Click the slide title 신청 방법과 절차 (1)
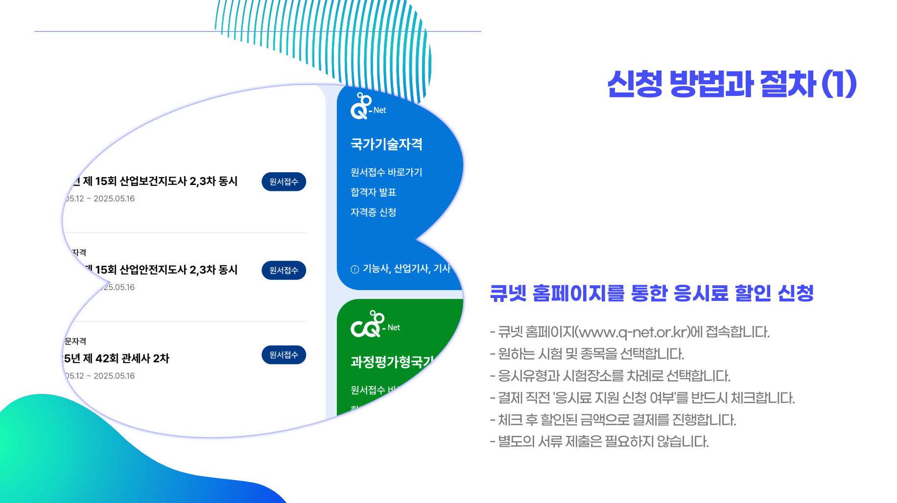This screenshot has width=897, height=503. click(732, 84)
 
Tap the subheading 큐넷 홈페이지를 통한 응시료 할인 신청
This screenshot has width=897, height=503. click(651, 293)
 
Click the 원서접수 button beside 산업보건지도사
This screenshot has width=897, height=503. click(283, 182)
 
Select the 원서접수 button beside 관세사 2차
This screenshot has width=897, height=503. click(283, 355)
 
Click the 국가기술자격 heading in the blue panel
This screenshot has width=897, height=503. click(386, 144)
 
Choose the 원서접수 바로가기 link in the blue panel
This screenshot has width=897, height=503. click(386, 172)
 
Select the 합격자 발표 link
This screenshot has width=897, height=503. click(373, 192)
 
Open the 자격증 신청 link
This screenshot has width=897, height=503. click(373, 212)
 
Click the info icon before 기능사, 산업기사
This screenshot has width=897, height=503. click(355, 269)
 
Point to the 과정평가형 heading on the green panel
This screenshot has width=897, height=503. click(392, 362)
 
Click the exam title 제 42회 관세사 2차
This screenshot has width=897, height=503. click(118, 358)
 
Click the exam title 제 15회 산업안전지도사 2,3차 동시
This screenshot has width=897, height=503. click(162, 270)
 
